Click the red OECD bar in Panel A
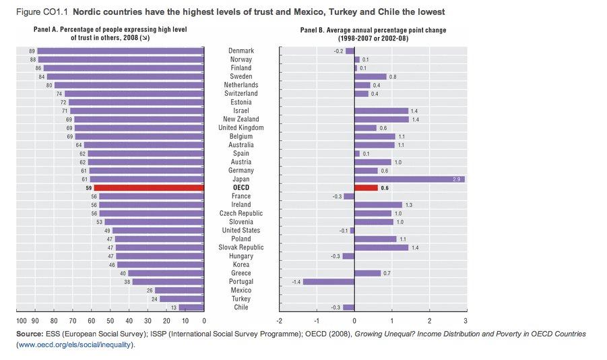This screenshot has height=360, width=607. tap(149, 187)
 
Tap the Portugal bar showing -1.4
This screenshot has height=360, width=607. tap(328, 281)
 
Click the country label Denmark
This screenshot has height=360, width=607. tap(241, 51)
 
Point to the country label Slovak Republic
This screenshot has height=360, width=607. tap(241, 247)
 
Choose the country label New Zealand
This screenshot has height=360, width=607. tap(241, 119)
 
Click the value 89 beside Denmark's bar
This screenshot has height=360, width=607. tap(32, 51)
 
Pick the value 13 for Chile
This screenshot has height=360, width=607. tap(174, 307)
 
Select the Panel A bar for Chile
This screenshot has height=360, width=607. tap(191, 307)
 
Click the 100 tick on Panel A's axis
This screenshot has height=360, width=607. tap(22, 320)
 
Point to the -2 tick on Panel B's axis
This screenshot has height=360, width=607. tap(280, 320)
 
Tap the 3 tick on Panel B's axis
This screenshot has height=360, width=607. tap(465, 320)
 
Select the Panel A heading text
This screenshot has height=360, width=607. tap(110, 34)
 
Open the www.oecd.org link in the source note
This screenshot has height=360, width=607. tap(75, 344)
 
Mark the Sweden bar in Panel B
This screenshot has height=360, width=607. tap(370, 76)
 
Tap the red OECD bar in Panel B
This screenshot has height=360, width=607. tap(366, 187)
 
